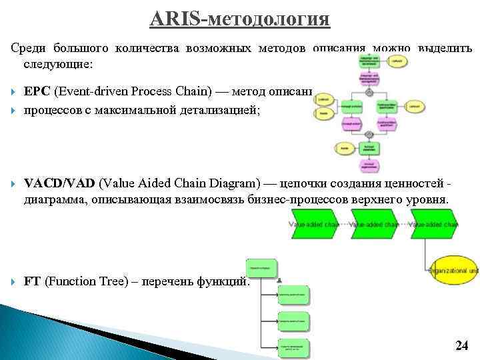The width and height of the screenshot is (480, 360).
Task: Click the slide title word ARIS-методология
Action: point(239,18)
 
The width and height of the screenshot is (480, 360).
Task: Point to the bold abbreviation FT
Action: point(32,281)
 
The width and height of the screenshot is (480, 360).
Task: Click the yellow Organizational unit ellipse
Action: point(454,270)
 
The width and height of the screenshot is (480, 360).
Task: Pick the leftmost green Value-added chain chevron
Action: point(313,225)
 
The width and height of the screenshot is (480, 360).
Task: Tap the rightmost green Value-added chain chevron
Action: point(435,225)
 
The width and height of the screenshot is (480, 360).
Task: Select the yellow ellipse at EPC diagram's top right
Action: point(398,61)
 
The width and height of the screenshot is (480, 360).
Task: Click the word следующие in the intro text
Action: point(58,65)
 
